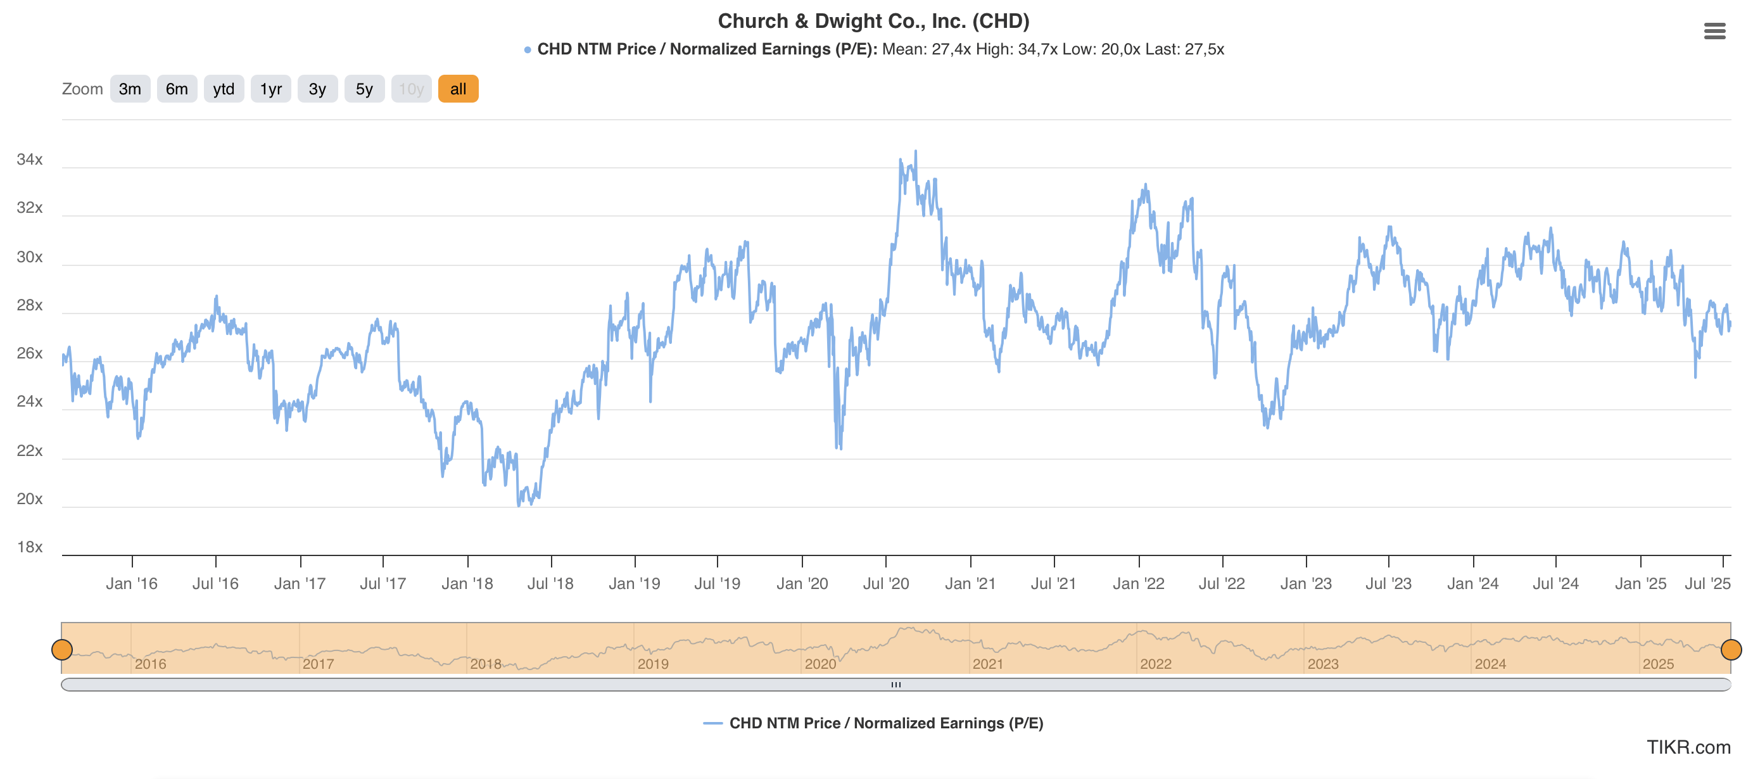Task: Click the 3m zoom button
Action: [129, 89]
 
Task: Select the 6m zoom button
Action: [177, 89]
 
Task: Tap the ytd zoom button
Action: [223, 89]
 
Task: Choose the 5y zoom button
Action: [364, 89]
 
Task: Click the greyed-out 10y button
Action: [411, 89]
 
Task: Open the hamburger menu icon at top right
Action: [1714, 31]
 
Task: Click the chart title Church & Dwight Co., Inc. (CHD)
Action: [873, 21]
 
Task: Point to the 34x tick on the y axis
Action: [30, 159]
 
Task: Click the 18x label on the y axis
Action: [30, 547]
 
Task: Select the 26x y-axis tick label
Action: [30, 353]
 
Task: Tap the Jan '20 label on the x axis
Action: [802, 584]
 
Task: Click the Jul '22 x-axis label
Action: [1222, 584]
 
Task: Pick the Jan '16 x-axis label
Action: [131, 584]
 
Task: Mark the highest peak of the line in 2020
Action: [915, 152]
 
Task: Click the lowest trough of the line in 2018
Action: [519, 505]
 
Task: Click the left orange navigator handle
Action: [62, 650]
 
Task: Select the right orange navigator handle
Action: [1731, 650]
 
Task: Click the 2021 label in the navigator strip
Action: [987, 664]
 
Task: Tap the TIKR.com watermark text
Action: [1688, 747]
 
